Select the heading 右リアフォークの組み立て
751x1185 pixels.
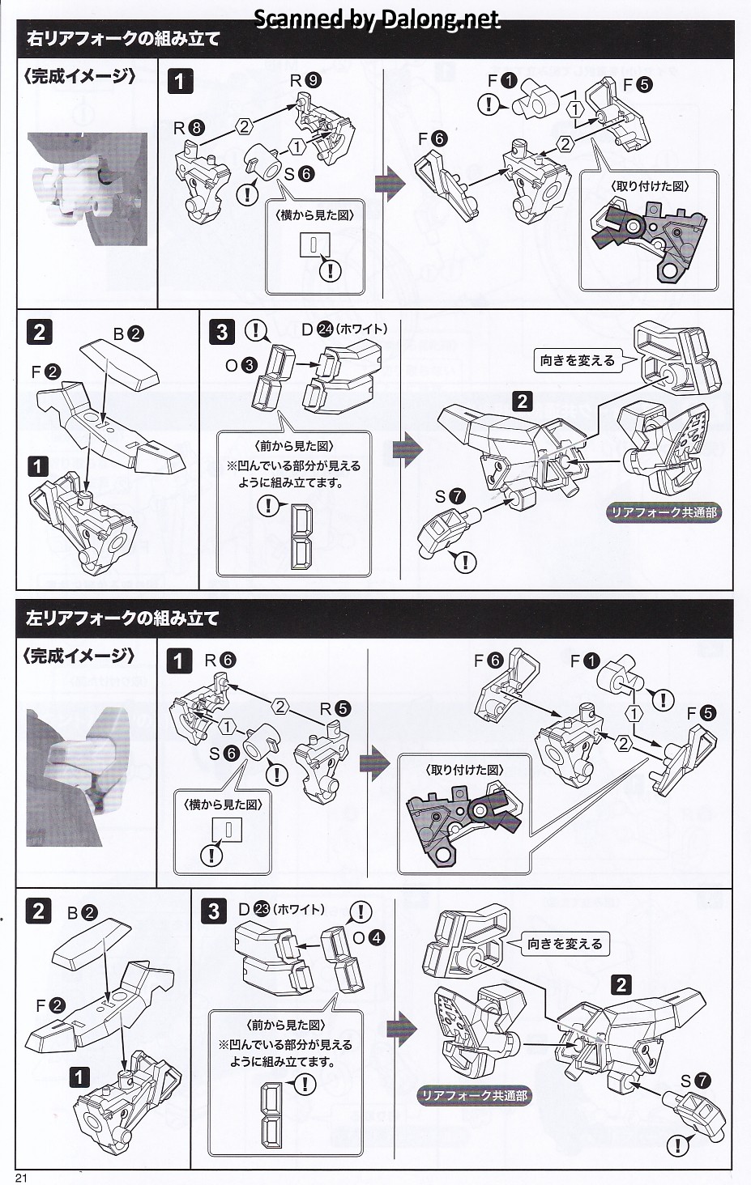[x=123, y=38]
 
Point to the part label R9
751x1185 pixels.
[x=305, y=80]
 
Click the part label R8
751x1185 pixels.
[x=189, y=128]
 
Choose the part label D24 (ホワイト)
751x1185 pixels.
[x=344, y=329]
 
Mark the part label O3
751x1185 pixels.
[x=241, y=365]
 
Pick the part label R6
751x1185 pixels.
[x=220, y=660]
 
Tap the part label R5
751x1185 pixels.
[x=335, y=708]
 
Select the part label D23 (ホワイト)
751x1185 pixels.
[x=280, y=909]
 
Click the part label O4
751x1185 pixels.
[x=369, y=938]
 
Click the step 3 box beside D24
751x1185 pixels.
[x=223, y=332]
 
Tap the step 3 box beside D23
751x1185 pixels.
[x=214, y=911]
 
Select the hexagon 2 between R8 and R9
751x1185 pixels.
[x=245, y=125]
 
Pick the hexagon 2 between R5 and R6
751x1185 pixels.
[x=280, y=707]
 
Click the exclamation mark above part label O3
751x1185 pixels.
[x=256, y=329]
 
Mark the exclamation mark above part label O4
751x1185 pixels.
[x=360, y=911]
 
